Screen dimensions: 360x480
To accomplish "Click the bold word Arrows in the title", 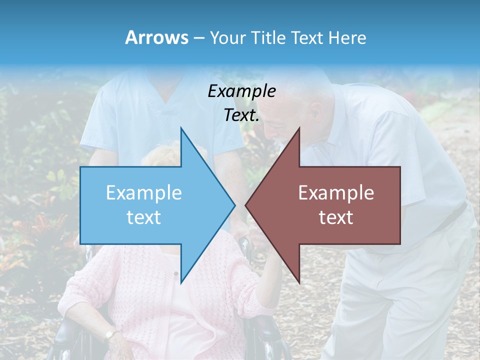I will tap(157, 37).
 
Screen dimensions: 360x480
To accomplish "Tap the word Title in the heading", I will tap(271, 37).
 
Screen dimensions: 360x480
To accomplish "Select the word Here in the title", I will tap(347, 37).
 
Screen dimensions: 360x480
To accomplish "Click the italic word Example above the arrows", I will tap(241, 91).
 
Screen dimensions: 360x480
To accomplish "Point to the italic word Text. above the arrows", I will tap(241, 115).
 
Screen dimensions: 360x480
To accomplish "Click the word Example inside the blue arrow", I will tap(144, 193).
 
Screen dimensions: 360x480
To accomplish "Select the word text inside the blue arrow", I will tap(144, 217).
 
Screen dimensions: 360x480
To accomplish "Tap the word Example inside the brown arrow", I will tap(336, 193).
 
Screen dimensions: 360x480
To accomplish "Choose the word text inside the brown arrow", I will tap(336, 217).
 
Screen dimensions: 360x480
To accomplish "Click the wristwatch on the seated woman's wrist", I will tap(110, 333).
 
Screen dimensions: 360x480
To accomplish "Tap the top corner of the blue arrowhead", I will tap(181, 128).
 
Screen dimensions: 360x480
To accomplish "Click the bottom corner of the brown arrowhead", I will tap(299, 282).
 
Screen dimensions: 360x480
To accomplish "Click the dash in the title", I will tap(199, 38).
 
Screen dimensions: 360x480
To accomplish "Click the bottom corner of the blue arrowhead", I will tap(181, 282).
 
